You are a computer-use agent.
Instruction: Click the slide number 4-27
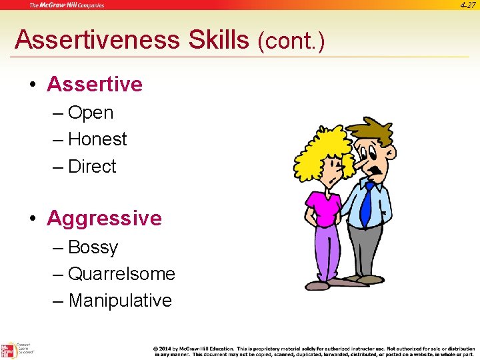click(467, 5)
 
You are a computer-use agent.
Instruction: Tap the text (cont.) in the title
click(291, 42)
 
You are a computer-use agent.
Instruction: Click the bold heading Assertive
click(95, 84)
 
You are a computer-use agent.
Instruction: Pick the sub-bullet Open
click(91, 113)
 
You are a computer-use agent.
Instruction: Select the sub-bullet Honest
click(97, 139)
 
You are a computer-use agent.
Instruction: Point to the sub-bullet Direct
click(92, 166)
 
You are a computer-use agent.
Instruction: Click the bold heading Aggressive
click(104, 218)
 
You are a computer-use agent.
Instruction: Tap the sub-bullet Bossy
click(93, 247)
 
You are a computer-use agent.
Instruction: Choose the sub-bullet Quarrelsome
click(121, 274)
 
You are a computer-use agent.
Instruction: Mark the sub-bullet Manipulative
click(120, 301)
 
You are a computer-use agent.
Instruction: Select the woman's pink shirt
click(324, 207)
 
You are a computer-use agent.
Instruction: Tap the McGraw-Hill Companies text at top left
click(67, 5)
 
